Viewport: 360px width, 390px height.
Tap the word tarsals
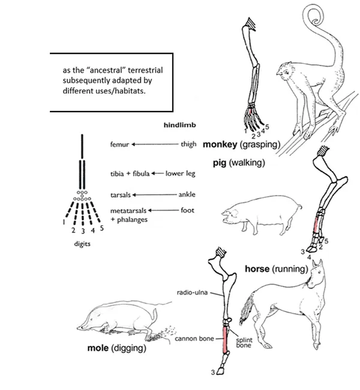tap(121, 195)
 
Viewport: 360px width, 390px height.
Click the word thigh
tap(188, 145)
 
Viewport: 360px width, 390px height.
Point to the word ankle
tap(187, 195)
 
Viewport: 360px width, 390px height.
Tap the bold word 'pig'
tap(220, 162)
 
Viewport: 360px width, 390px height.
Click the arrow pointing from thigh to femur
tap(154, 145)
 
